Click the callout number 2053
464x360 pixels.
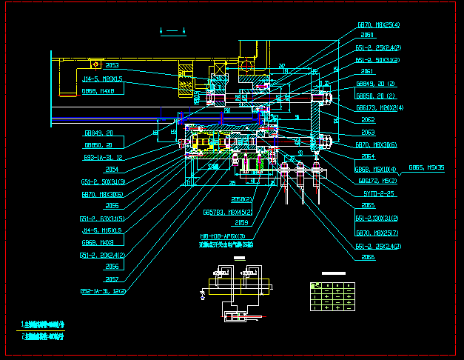pyautogui.click(x=112, y=65)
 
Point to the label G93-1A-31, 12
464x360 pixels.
pyautogui.click(x=101, y=157)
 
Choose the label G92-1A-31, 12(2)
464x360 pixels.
pyautogui.click(x=104, y=291)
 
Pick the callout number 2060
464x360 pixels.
pyautogui.click(x=367, y=35)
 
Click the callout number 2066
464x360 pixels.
pyautogui.click(x=367, y=257)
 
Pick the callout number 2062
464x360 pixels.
pyautogui.click(x=367, y=119)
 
